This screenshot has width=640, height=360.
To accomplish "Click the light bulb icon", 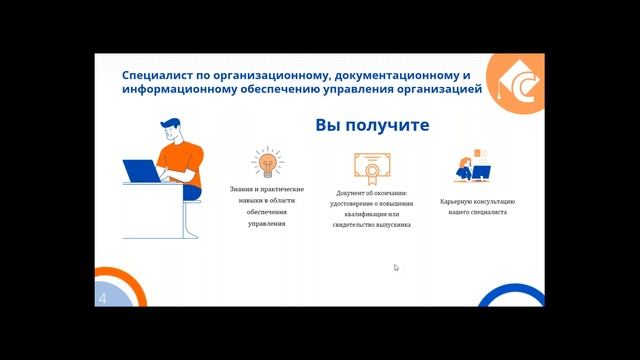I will [x=267, y=162].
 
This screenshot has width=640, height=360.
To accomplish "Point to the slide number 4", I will [x=102, y=298].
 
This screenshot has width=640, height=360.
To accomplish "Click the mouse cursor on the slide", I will [x=396, y=267].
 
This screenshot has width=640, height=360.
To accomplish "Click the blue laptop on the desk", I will [x=143, y=171].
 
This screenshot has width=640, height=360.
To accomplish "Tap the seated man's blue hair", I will [x=171, y=126].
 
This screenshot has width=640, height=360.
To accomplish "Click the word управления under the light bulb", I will [x=267, y=224].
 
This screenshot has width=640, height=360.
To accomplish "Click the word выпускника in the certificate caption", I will [x=390, y=224].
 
